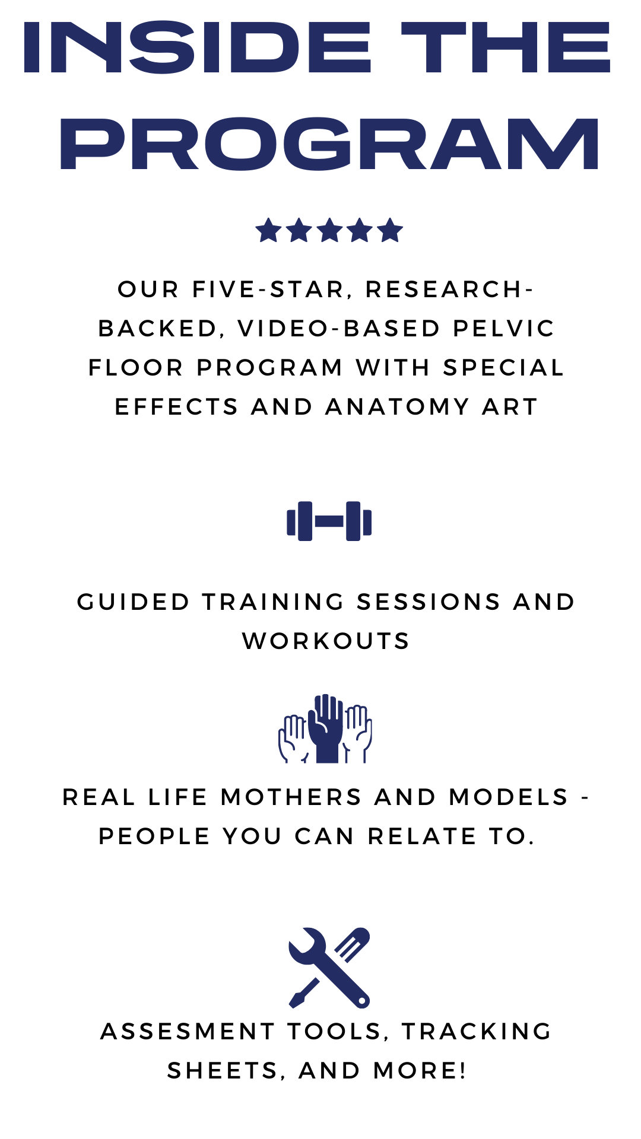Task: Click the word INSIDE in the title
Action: tap(197, 47)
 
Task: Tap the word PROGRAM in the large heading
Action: tap(329, 144)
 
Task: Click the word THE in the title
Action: tap(506, 47)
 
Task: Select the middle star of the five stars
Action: tap(329, 230)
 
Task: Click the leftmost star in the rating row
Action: tap(268, 230)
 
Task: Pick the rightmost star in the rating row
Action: tap(390, 230)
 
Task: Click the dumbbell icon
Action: tap(329, 521)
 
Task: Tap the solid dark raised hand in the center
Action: tap(326, 728)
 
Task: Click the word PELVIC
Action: tap(504, 329)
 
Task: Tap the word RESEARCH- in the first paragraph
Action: tap(450, 289)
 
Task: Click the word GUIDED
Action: tap(134, 602)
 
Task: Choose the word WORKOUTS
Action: tap(326, 641)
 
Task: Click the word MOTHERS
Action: tap(291, 797)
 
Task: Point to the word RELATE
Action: tap(422, 836)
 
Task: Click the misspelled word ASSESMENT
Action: tap(188, 1032)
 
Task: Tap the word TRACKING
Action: tap(477, 1032)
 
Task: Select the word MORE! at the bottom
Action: tap(420, 1071)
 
